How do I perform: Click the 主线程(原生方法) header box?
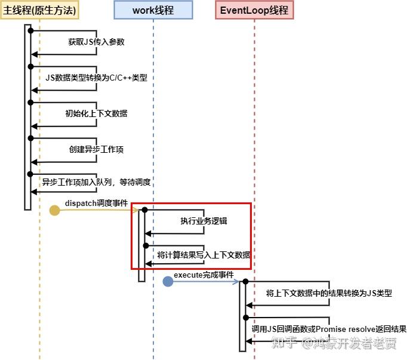click(40, 10)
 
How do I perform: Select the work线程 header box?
click(153, 10)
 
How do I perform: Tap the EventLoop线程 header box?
click(254, 10)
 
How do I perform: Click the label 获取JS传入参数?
click(96, 42)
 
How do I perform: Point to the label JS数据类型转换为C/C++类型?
click(96, 78)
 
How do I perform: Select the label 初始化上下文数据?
click(96, 113)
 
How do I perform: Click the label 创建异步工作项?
click(96, 149)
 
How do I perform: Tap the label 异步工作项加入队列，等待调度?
click(96, 183)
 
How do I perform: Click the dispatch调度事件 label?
click(96, 204)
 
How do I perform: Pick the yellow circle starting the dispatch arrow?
click(54, 210)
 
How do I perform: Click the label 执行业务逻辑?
click(203, 221)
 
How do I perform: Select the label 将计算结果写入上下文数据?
click(203, 255)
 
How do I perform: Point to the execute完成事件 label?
click(203, 275)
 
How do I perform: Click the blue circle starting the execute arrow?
click(168, 281)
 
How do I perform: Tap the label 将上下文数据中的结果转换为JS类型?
click(329, 293)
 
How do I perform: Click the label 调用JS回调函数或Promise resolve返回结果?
click(329, 329)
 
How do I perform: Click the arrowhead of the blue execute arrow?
click(236, 281)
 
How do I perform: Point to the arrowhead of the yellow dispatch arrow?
click(137, 210)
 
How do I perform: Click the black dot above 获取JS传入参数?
click(30, 30)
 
